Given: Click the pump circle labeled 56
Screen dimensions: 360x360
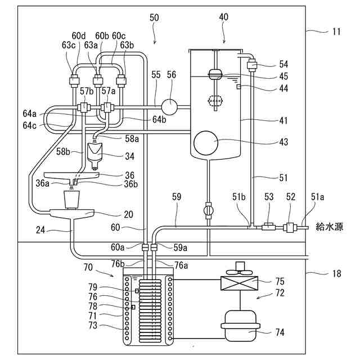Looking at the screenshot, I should click(169, 106).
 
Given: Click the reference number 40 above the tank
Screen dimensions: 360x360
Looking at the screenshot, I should click(223, 17).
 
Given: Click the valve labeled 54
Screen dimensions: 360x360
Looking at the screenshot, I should click(252, 65).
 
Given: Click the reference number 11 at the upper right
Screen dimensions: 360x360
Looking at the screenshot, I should click(336, 31).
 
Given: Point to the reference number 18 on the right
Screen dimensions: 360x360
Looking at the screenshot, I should click(336, 274).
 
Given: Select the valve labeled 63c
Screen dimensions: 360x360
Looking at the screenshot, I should click(73, 79).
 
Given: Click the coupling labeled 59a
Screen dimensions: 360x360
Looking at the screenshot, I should click(154, 247).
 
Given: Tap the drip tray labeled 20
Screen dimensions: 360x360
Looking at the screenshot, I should click(73, 213).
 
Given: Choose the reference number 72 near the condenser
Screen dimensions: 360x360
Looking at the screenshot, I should click(280, 293).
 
